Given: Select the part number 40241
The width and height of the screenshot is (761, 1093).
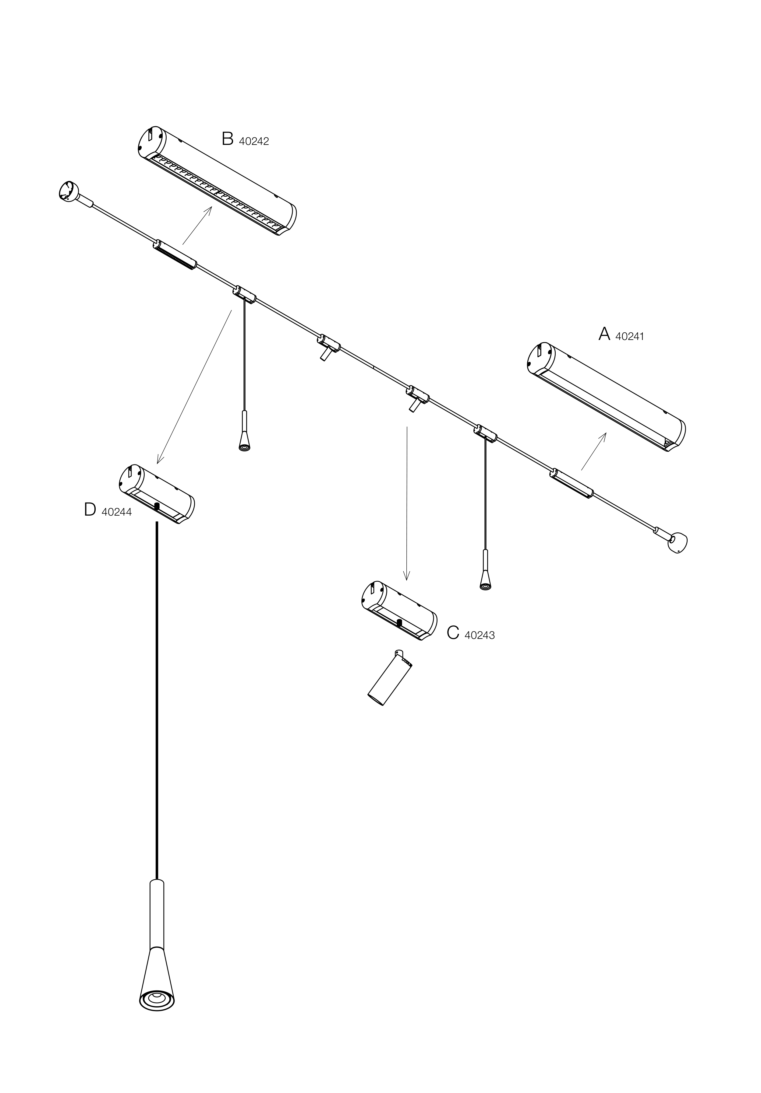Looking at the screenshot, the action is (x=629, y=336).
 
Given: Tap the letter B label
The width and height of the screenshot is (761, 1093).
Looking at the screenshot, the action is (x=227, y=139).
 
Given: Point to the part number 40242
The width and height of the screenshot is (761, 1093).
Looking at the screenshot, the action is (x=253, y=142).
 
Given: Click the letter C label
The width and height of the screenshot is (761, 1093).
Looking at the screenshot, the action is (x=453, y=633).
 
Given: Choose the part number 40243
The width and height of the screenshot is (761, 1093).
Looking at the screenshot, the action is (x=480, y=635).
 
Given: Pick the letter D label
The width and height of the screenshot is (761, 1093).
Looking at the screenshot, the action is (x=90, y=510).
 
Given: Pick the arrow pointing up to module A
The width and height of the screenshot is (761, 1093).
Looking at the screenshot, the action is (x=594, y=451).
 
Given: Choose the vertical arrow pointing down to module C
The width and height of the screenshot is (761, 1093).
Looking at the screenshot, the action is (x=406, y=504).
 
